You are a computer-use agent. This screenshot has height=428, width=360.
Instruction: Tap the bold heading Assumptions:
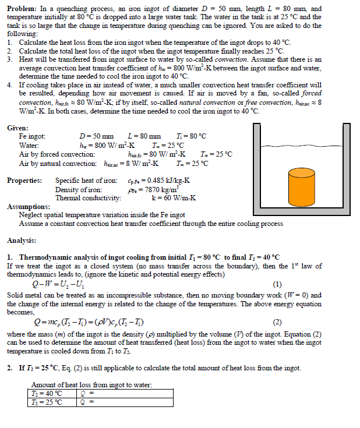coord(28,207)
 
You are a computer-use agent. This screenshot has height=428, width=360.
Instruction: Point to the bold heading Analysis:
coord(22,240)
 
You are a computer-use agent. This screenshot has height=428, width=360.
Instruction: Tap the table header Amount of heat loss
coord(91,385)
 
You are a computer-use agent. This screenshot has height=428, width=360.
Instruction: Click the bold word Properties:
coord(24,181)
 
